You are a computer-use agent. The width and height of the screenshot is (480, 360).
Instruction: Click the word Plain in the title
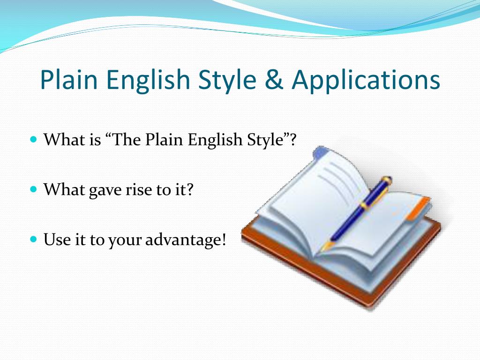pos(69,79)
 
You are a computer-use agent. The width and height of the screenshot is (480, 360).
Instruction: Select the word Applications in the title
pos(366,81)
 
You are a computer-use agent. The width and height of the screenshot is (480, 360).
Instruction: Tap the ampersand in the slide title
pos(274,80)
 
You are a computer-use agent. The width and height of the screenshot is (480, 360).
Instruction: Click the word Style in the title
pos(227,81)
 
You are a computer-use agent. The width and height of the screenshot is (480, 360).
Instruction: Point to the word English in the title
pos(148,81)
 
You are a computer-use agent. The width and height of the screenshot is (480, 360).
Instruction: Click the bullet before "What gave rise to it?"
pos(34,189)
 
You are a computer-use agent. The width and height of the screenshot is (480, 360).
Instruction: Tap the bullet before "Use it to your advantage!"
pos(34,239)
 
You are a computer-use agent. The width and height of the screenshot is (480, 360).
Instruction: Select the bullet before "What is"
pos(34,139)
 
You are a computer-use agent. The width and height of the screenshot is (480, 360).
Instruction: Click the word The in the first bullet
pos(127,140)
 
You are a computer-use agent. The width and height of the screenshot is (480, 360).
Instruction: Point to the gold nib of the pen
pos(327,246)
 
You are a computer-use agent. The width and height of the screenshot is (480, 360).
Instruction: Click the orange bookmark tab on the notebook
pos(418,209)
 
